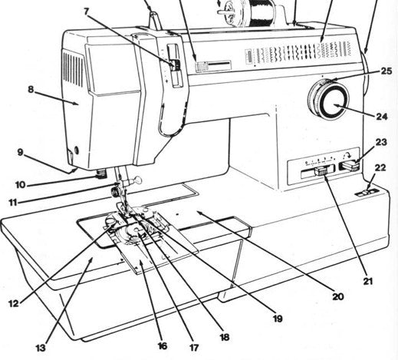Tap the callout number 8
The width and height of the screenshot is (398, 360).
pyautogui.click(x=31, y=88)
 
